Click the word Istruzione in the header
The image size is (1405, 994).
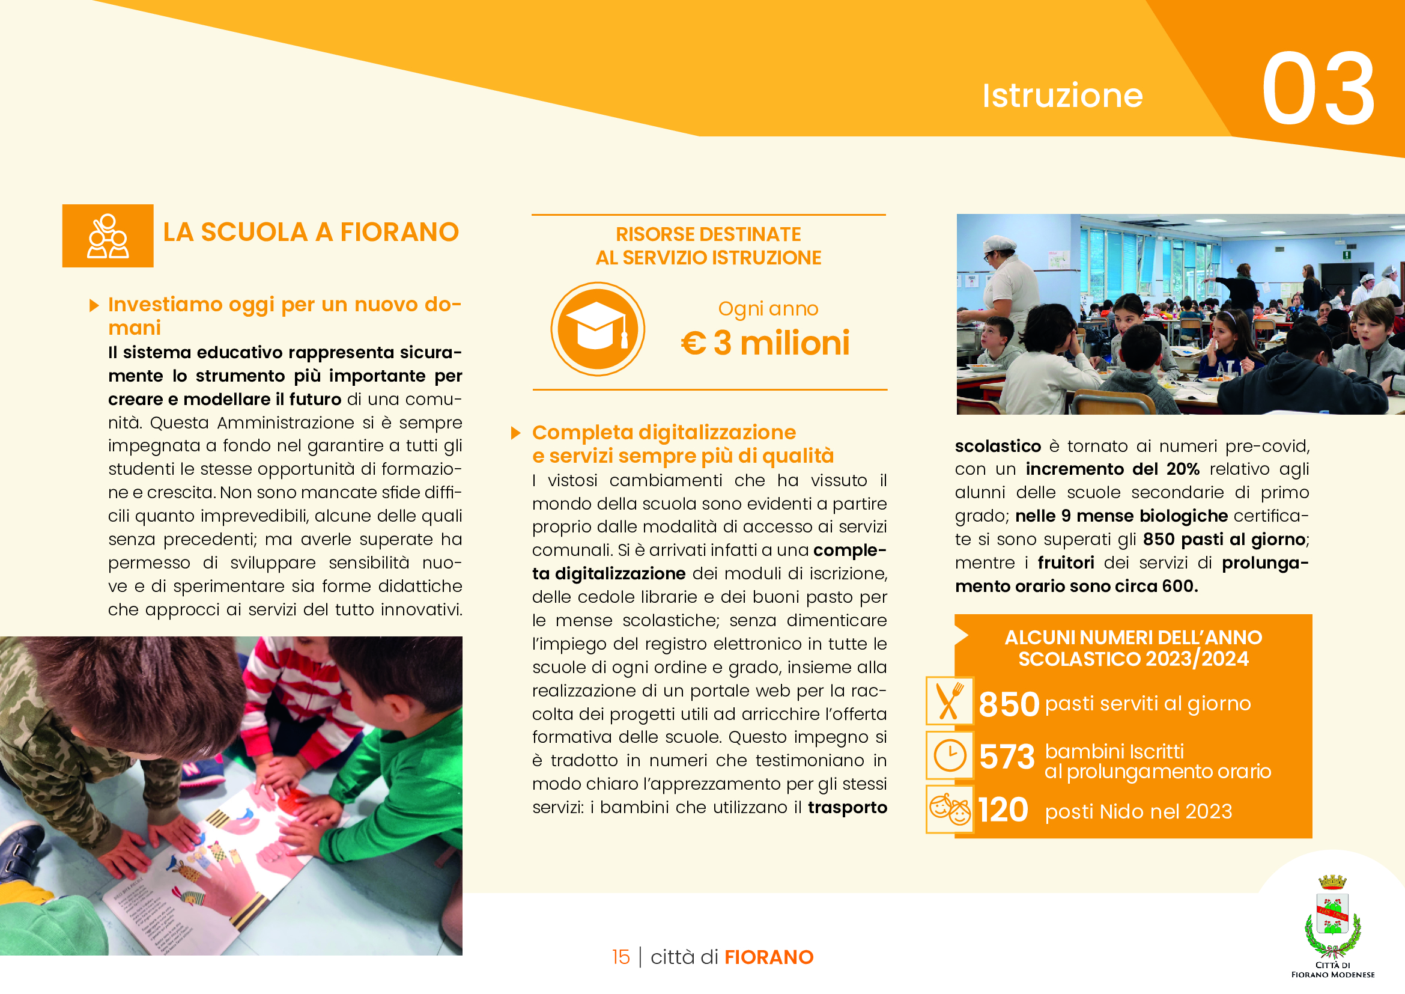[1063, 96]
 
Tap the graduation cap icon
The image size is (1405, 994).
[597, 329]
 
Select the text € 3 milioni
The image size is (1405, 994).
[765, 343]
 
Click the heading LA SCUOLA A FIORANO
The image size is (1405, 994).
[311, 233]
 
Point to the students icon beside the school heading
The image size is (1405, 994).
[108, 236]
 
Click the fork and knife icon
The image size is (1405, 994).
[949, 701]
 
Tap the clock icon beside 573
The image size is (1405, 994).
[949, 755]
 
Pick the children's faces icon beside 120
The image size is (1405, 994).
[949, 809]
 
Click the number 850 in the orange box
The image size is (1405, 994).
[1009, 704]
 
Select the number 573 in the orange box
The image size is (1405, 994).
[1007, 757]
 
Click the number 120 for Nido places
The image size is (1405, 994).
[1003, 810]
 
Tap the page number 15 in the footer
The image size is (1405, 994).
[621, 957]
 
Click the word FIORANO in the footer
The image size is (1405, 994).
[769, 957]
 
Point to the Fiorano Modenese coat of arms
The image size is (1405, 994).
[1332, 918]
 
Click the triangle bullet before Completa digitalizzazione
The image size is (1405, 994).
[515, 433]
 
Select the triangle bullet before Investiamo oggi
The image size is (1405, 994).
[94, 305]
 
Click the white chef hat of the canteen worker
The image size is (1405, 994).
[999, 243]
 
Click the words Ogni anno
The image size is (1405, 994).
[768, 309]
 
